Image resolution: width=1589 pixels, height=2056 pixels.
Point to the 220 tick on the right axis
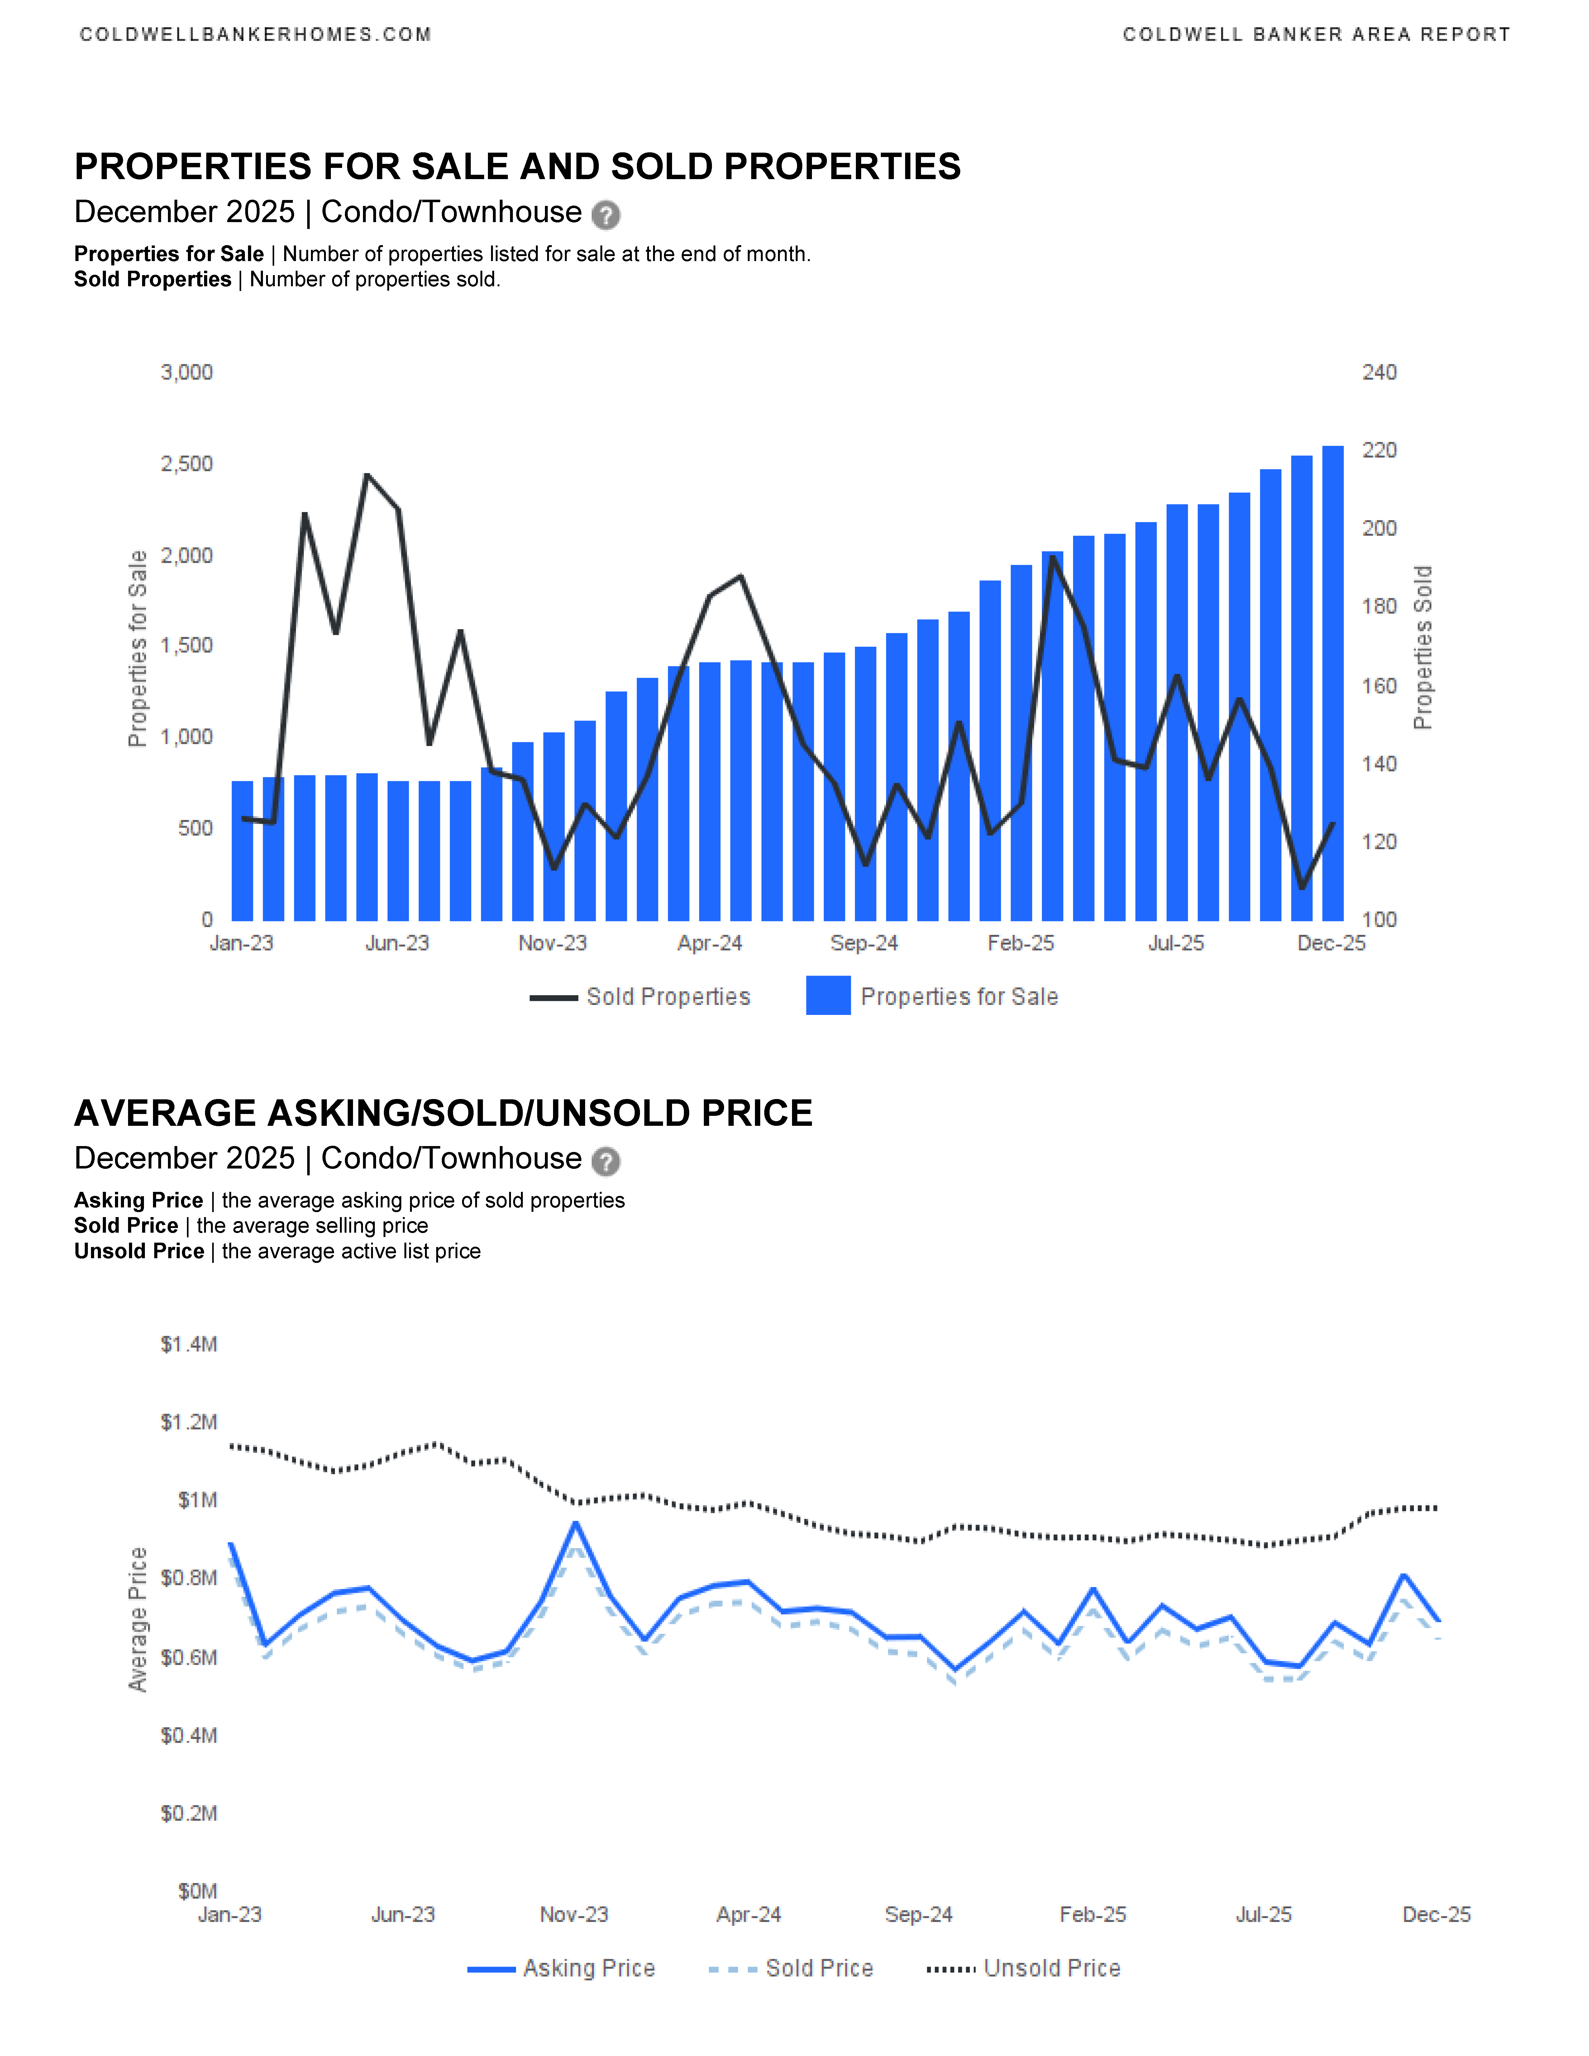(x=1379, y=451)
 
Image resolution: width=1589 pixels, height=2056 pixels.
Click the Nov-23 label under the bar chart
(x=553, y=943)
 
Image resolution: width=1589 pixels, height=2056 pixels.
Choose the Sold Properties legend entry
(x=667, y=997)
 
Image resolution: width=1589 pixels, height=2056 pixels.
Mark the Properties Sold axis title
(x=1422, y=648)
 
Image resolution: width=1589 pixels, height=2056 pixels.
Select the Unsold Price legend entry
(x=1052, y=1968)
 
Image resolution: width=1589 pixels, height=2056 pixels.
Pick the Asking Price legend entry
(x=588, y=1968)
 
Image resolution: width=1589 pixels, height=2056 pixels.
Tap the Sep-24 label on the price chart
(x=919, y=1915)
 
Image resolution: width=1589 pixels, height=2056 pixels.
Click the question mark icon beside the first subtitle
(x=605, y=216)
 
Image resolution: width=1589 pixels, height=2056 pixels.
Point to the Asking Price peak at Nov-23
(x=575, y=1523)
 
